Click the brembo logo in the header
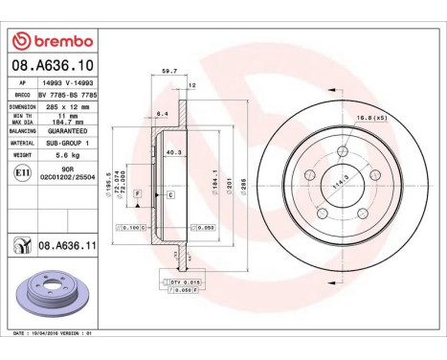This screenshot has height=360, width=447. (x=52, y=41)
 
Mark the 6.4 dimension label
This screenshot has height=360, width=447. (x=162, y=113)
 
